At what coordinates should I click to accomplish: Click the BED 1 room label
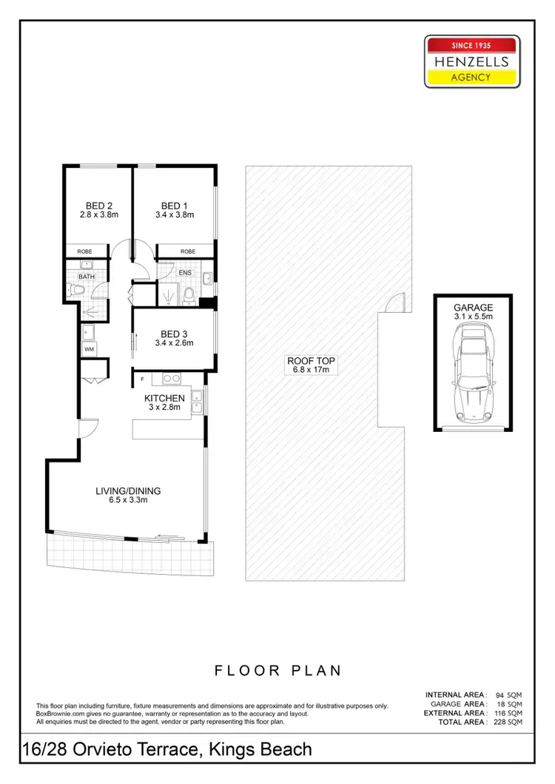click(175, 205)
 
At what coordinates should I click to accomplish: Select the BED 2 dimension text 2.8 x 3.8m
click(99, 214)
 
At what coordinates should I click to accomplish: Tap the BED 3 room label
click(175, 333)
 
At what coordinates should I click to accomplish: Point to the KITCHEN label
click(164, 399)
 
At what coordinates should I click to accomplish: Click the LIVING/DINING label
click(128, 490)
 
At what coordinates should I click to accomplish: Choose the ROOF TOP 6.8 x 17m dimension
click(312, 371)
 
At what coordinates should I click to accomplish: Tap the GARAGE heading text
click(473, 306)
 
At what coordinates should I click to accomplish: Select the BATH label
click(87, 277)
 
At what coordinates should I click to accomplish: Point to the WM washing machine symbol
click(89, 348)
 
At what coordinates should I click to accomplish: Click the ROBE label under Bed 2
click(86, 251)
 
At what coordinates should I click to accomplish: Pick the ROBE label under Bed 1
click(188, 251)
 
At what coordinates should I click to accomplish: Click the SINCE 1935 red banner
click(471, 44)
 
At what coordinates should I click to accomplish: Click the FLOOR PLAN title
click(277, 671)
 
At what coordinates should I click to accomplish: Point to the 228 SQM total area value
click(509, 721)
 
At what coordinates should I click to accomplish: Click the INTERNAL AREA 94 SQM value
click(509, 695)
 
